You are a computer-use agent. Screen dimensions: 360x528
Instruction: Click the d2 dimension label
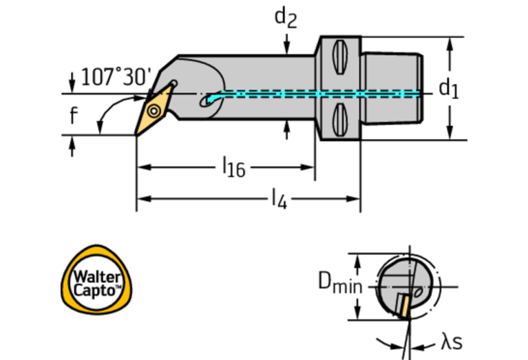coord(286,17)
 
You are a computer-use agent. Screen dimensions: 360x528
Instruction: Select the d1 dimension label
coord(448,87)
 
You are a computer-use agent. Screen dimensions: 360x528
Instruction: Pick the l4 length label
coord(277,200)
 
